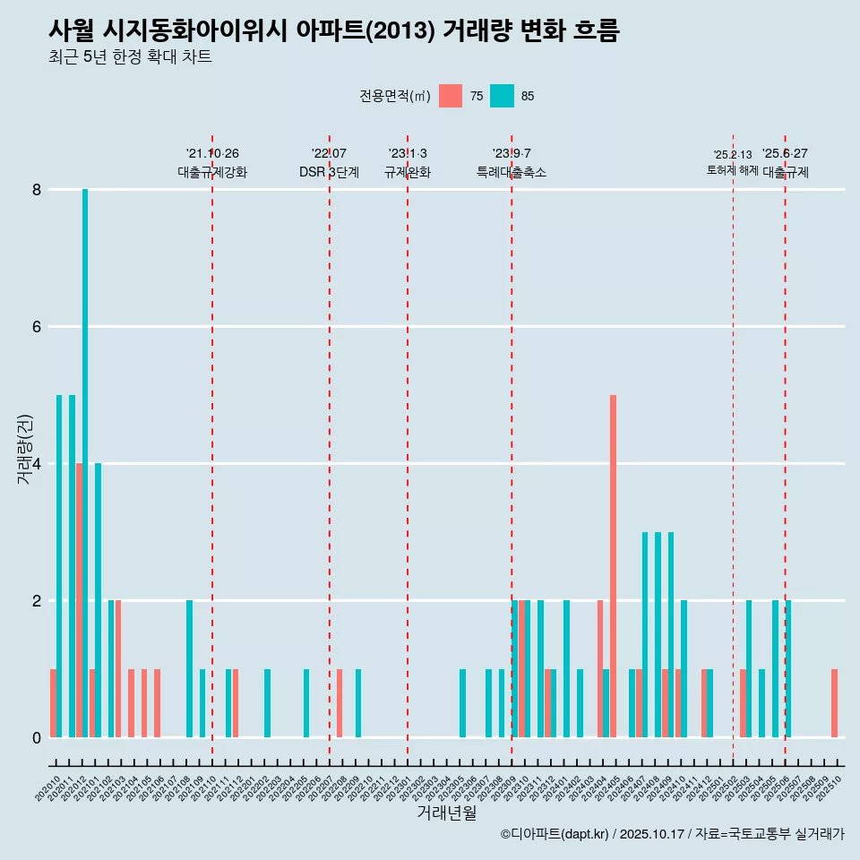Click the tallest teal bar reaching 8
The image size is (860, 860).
pyautogui.click(x=85, y=462)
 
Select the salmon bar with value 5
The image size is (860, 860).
pyautogui.click(x=613, y=565)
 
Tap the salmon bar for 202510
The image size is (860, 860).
pyautogui.click(x=834, y=703)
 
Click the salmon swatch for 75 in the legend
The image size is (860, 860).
pyautogui.click(x=451, y=96)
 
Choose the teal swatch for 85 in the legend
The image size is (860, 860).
pyautogui.click(x=503, y=96)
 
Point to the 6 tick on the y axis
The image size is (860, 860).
pyautogui.click(x=37, y=327)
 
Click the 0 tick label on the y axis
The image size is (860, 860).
pyautogui.click(x=37, y=737)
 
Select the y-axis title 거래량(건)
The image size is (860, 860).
pyautogui.click(x=24, y=450)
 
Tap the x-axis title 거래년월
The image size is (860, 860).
pyautogui.click(x=446, y=813)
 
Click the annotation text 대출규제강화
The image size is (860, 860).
pyautogui.click(x=212, y=172)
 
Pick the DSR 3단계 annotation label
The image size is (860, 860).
pyautogui.click(x=329, y=172)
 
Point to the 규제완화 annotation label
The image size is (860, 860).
pyautogui.click(x=408, y=172)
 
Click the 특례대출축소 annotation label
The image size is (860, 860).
pyautogui.click(x=512, y=172)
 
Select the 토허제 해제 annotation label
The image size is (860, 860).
pyautogui.click(x=733, y=170)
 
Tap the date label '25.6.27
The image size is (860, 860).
pyautogui.click(x=785, y=153)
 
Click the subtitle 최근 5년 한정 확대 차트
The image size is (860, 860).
pyautogui.click(x=130, y=57)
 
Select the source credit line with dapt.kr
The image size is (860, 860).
pyautogui.click(x=672, y=834)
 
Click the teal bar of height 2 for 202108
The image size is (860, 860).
pyautogui.click(x=189, y=668)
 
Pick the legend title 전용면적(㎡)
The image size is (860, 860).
pyautogui.click(x=395, y=96)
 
